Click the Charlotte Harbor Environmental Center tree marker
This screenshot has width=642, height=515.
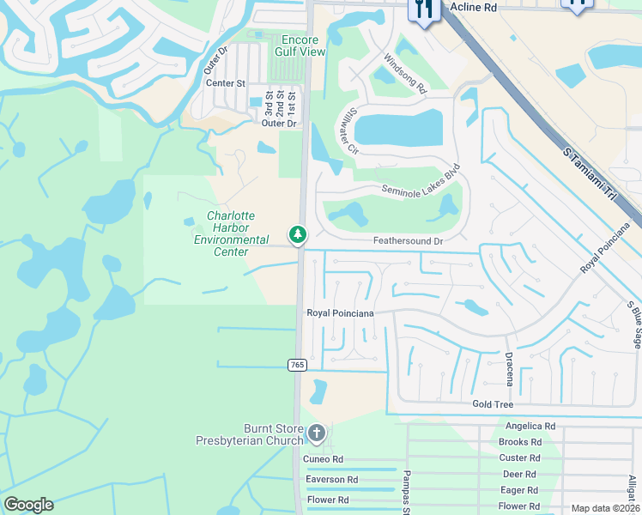298,234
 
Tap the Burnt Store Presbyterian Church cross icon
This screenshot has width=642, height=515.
317,433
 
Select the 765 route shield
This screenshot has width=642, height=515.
297,365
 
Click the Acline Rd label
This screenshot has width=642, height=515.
473,8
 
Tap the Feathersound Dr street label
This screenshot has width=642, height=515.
408,242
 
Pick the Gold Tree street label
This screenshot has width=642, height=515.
493,404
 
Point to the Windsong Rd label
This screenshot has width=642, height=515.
405,73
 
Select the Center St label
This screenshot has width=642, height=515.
225,84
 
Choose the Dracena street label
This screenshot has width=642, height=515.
508,368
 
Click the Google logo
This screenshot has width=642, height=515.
28,505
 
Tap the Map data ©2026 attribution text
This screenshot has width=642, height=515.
604,508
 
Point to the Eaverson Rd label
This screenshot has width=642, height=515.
331,480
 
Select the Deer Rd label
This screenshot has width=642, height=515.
518,474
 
